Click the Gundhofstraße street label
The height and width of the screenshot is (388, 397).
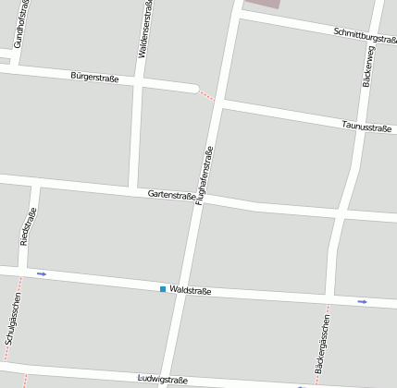click(19, 23)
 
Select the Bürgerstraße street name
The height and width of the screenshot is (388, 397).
click(94, 78)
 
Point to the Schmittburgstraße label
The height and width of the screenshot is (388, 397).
click(365, 35)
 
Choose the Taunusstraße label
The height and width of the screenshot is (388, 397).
click(367, 127)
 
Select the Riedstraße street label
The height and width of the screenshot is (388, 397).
click(27, 226)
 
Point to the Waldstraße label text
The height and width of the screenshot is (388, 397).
click(191, 291)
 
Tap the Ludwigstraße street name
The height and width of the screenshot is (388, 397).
click(162, 380)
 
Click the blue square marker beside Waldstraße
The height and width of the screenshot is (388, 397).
click(163, 290)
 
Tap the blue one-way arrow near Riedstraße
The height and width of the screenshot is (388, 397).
click(41, 274)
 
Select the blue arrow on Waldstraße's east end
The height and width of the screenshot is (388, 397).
click(362, 301)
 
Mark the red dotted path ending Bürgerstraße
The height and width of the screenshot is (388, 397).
click(207, 94)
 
